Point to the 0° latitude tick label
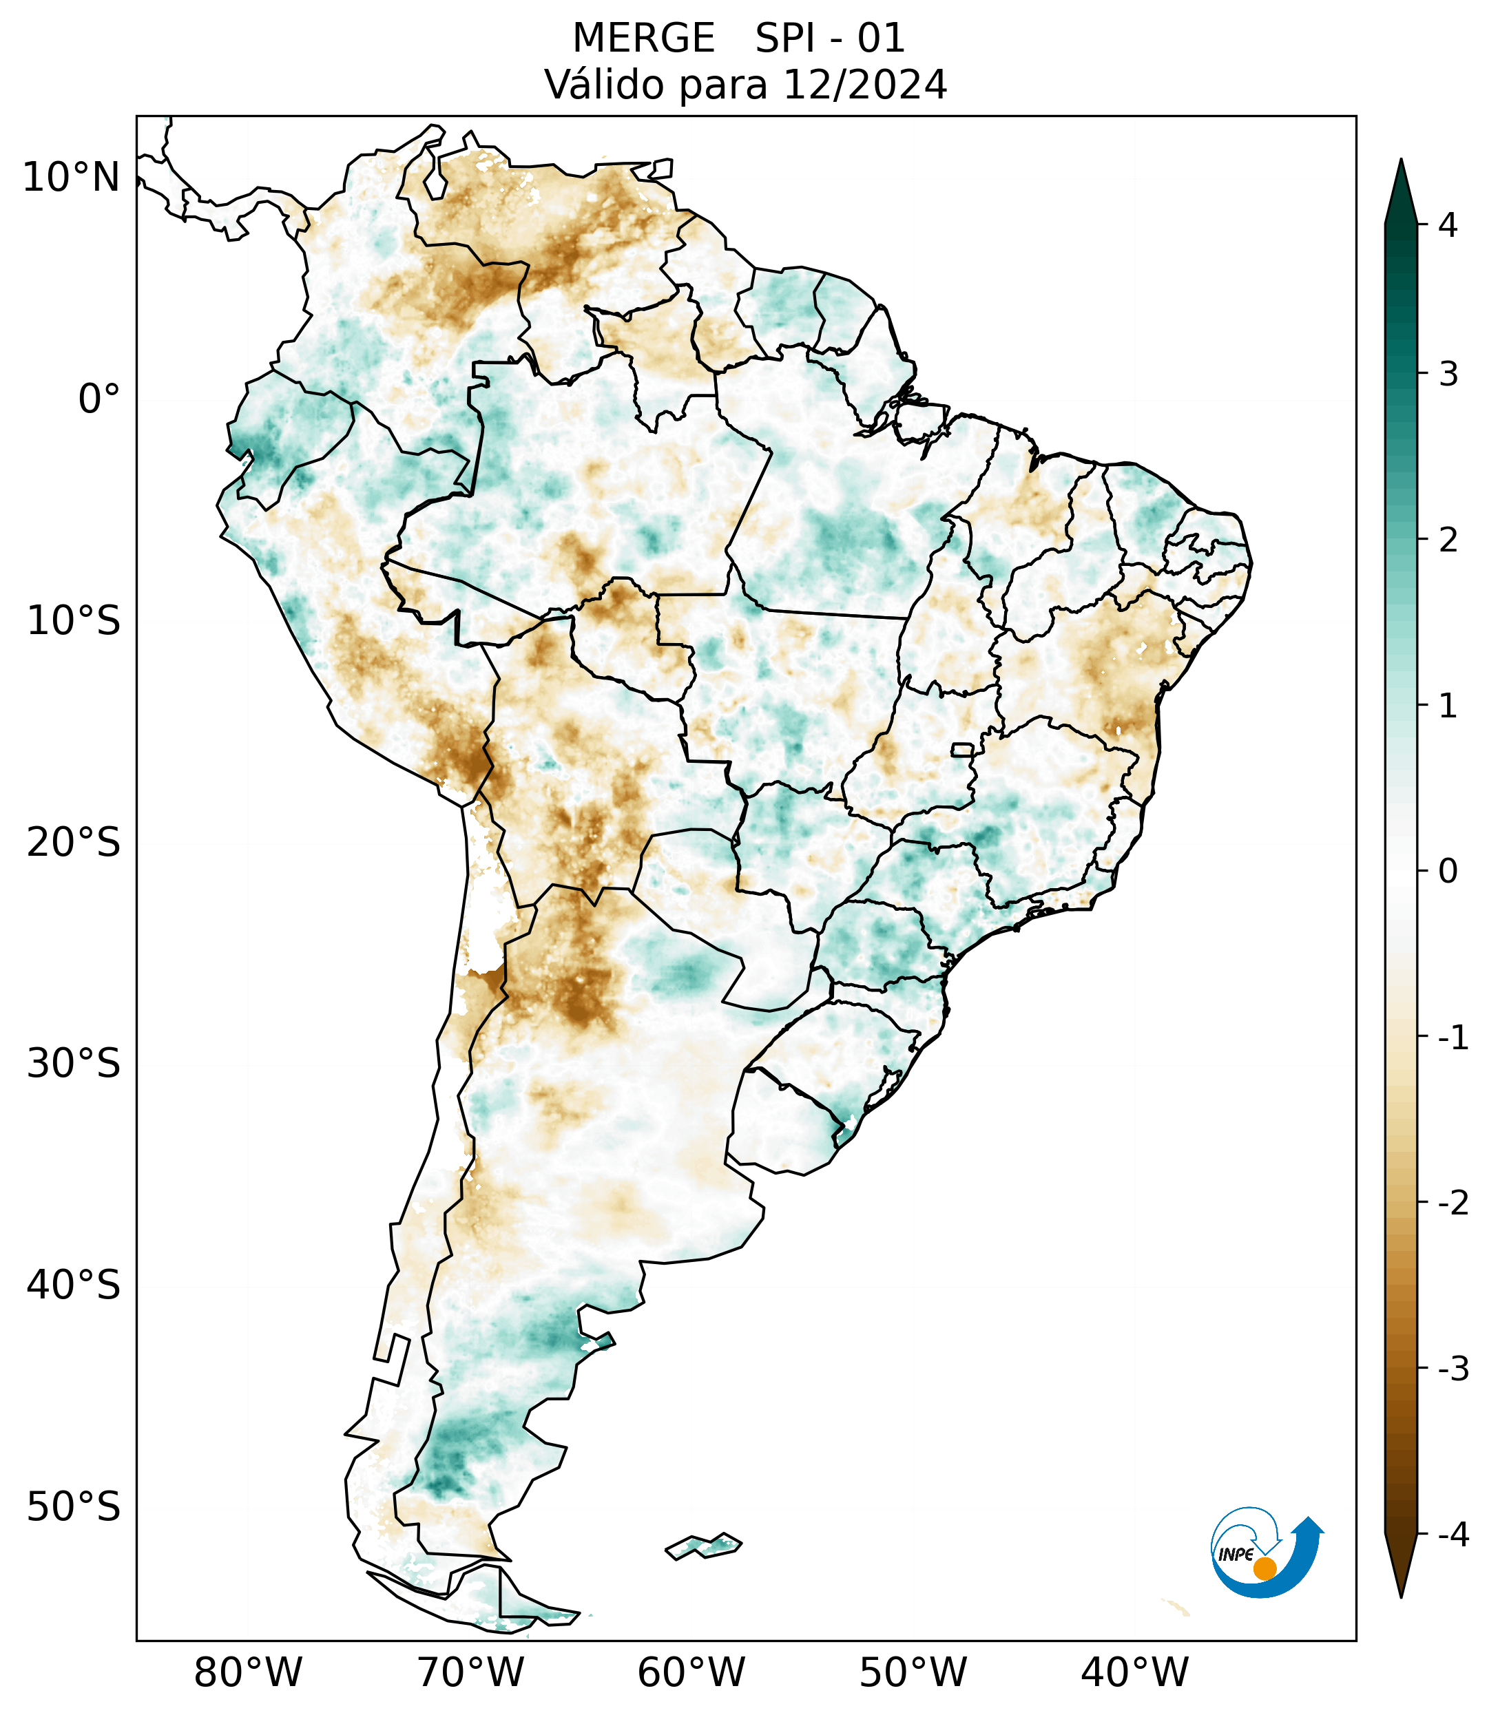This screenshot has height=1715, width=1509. [99, 399]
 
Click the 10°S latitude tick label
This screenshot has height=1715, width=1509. [74, 621]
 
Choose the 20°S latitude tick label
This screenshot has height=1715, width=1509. [74, 843]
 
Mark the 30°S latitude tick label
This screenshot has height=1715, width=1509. [74, 1064]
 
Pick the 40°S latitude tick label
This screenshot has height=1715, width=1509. [74, 1285]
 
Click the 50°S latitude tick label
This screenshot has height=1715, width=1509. [74, 1507]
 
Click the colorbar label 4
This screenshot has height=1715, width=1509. [1447, 225]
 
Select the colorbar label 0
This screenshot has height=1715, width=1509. [1447, 872]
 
